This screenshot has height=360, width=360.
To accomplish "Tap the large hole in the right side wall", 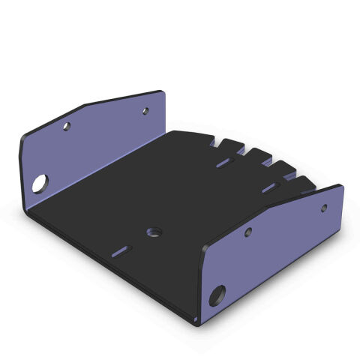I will coord(217,294).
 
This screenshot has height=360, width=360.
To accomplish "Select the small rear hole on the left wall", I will coord(145,111).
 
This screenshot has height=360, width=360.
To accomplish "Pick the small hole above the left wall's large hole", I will coord(66,127).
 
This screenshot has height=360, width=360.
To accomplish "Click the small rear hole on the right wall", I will coord(324,207).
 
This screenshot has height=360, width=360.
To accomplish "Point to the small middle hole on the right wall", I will coord(247,232).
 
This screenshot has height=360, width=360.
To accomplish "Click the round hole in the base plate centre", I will coord(154,231).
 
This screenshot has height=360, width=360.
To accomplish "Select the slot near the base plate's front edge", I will coord(121,250).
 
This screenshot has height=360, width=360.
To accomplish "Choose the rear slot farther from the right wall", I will coord(223,161).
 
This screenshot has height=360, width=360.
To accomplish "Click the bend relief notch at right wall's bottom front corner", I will coord(196,322).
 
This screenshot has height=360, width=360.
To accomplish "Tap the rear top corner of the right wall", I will coord(341,186).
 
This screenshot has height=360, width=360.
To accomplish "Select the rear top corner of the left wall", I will coord(161,91).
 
